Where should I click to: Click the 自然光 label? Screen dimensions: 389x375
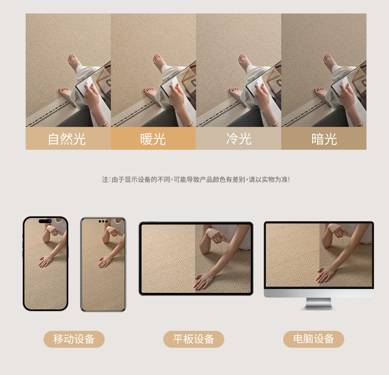[67, 139]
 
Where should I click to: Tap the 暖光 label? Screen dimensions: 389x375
[153, 139]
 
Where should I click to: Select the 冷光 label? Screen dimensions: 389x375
[239, 139]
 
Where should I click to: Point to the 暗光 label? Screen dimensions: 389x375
[324, 139]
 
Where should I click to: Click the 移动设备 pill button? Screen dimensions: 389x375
[74, 339]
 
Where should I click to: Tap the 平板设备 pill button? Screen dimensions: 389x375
[194, 339]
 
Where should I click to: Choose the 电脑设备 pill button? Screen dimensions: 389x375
[314, 339]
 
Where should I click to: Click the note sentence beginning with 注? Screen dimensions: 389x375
[196, 180]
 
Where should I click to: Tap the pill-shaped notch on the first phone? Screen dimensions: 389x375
[45, 221]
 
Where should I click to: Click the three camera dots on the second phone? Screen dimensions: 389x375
[103, 221]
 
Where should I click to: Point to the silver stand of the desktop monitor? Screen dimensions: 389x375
[319, 304]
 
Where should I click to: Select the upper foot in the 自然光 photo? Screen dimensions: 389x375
[74, 62]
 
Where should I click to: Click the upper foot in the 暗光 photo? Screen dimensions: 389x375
[330, 62]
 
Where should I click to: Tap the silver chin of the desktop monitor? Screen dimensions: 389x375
[319, 293]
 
